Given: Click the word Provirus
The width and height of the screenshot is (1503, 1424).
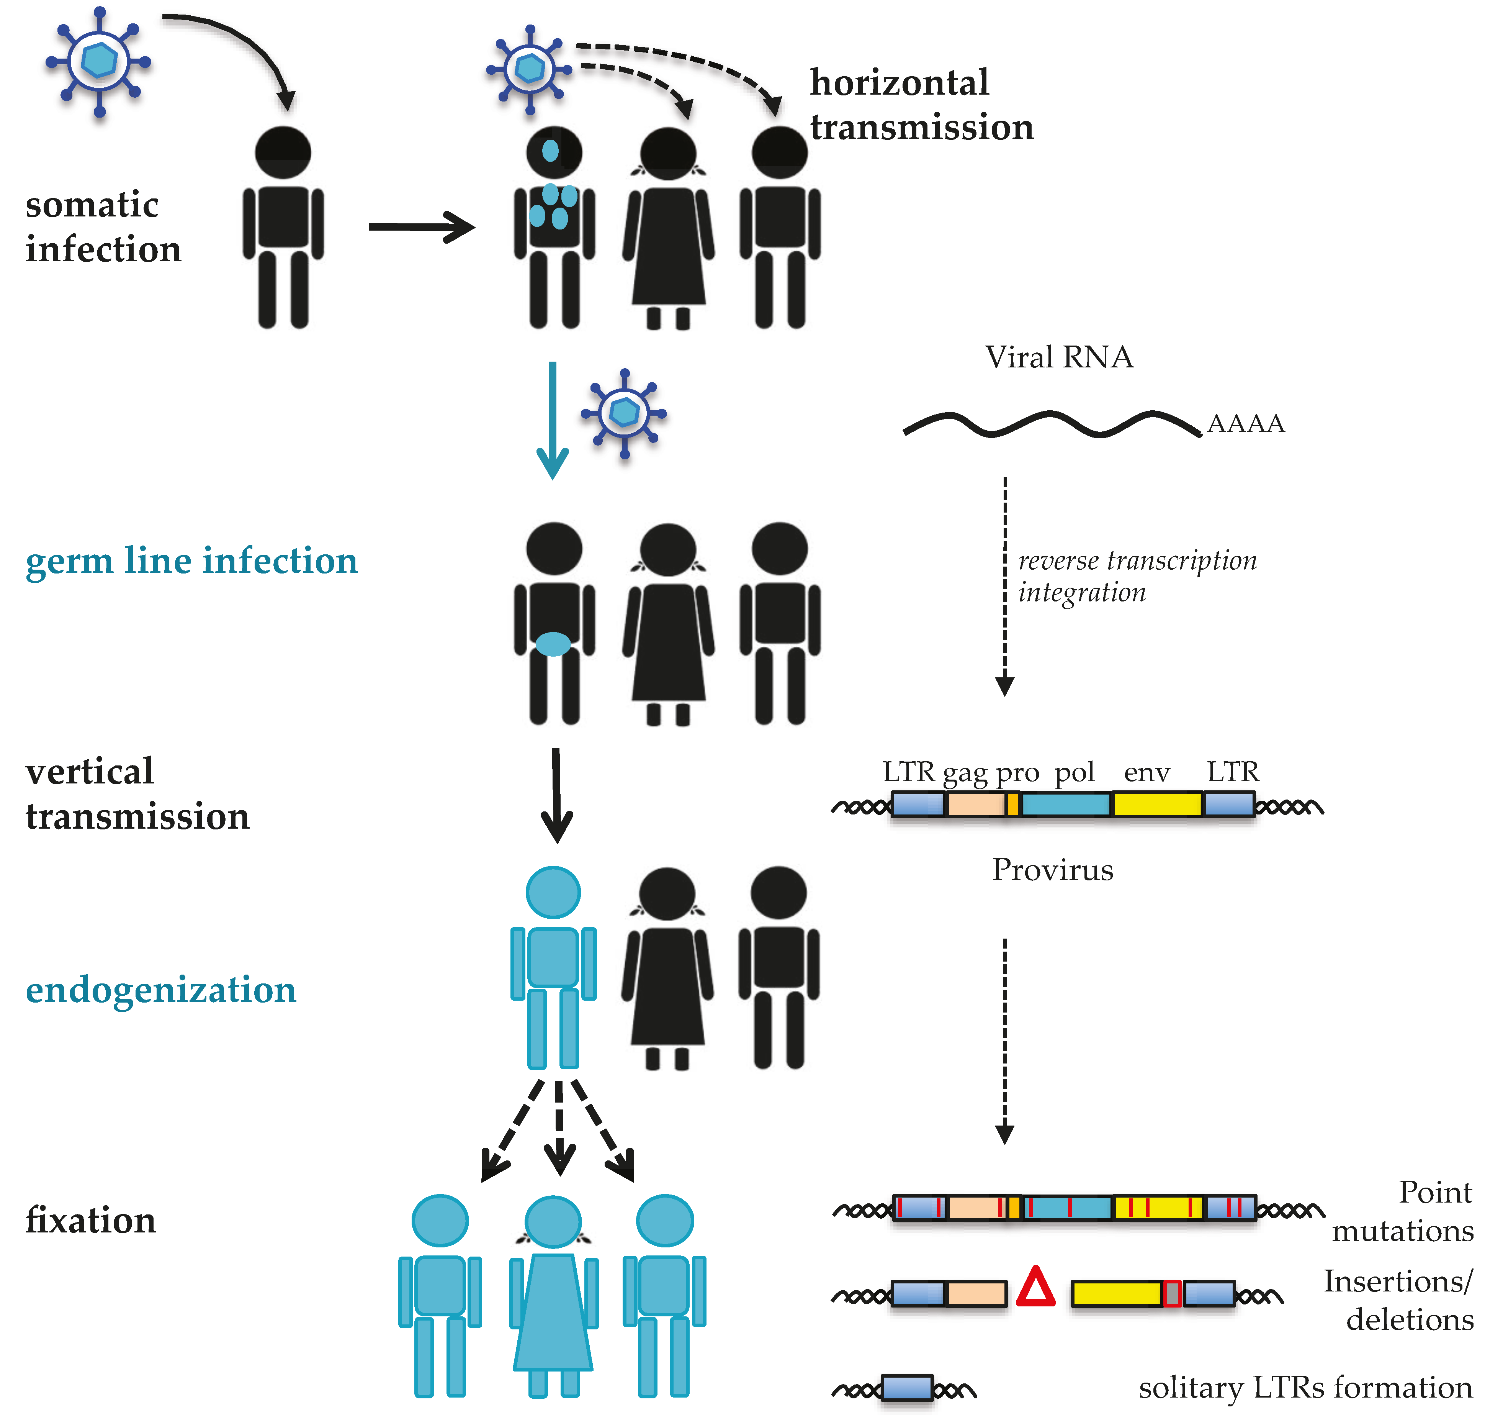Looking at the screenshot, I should [x=1052, y=870].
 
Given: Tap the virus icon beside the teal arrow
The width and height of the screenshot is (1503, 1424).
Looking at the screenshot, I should [x=624, y=413].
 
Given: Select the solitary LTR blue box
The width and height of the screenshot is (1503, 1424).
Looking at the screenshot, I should [x=907, y=1388].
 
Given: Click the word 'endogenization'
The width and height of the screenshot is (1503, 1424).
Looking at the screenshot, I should [x=161, y=990].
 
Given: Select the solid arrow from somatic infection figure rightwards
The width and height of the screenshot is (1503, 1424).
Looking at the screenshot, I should [x=421, y=227].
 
